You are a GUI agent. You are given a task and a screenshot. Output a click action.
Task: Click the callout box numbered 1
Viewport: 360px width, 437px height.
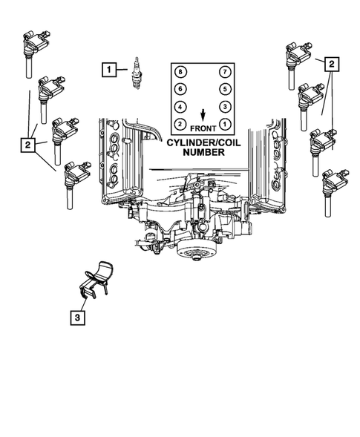[109, 70]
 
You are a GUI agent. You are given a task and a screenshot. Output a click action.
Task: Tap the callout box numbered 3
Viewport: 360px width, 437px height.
[77, 318]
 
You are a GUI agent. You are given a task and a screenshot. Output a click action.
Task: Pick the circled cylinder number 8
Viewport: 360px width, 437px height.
[180, 72]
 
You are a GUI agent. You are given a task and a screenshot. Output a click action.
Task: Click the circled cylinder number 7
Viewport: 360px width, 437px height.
[225, 72]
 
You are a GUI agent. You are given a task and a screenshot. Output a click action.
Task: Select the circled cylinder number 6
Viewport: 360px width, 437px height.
[180, 89]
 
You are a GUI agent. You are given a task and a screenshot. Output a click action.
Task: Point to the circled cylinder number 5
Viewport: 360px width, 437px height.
[225, 89]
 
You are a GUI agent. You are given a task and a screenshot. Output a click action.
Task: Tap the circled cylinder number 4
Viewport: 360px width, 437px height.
[180, 107]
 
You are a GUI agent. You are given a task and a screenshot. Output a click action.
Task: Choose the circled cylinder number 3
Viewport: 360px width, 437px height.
[225, 107]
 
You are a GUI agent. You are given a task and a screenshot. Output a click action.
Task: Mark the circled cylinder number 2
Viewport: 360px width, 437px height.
[180, 124]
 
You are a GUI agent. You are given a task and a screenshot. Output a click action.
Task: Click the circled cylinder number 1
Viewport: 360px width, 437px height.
[225, 124]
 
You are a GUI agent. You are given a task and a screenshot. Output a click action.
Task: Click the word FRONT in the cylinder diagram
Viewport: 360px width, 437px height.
[203, 128]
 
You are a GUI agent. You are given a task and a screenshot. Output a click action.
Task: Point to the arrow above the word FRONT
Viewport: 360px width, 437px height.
[203, 115]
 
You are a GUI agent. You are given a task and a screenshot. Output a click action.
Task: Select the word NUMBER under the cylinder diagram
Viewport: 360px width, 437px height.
[203, 152]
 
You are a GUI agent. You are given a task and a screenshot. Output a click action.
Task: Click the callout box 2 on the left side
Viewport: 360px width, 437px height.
[28, 145]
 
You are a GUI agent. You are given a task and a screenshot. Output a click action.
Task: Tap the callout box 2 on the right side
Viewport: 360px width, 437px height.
[332, 65]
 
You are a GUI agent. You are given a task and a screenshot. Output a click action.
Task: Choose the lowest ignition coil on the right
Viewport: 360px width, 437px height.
[333, 191]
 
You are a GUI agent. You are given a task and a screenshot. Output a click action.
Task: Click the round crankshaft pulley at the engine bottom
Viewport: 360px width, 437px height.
[195, 250]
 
